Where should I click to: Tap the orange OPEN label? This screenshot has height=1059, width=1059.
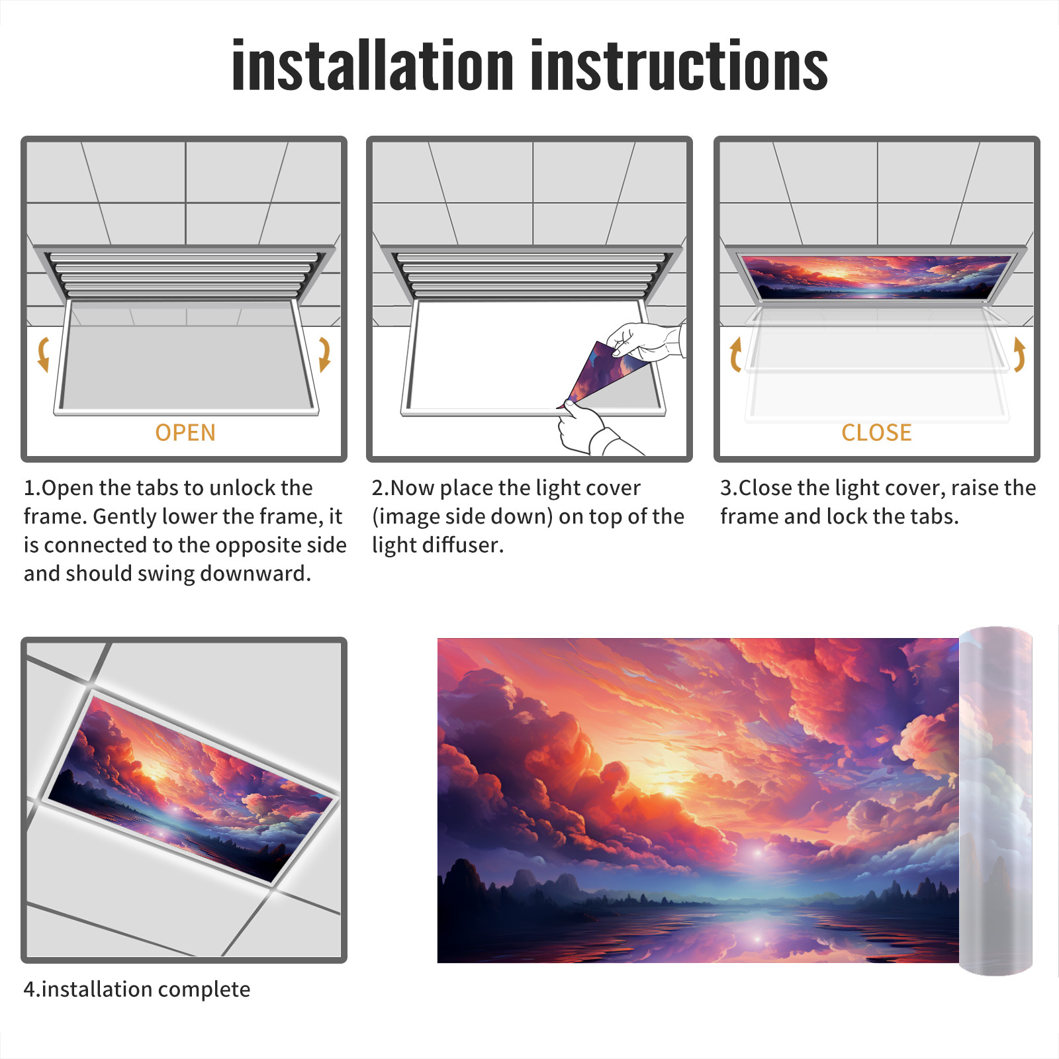click(185, 433)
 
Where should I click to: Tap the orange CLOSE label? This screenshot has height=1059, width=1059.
click(876, 433)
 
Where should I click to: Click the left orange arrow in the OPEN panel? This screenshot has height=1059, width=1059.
click(43, 354)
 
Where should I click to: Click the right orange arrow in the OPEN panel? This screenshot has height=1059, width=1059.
click(324, 354)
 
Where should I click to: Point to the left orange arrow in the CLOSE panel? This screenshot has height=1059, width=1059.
click(735, 354)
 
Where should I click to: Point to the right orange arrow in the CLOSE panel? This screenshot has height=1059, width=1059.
click(1019, 354)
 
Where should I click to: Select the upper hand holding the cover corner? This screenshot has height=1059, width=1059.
click(645, 341)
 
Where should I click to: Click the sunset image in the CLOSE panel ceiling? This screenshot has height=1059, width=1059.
click(876, 276)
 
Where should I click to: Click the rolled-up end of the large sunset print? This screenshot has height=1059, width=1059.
click(995, 801)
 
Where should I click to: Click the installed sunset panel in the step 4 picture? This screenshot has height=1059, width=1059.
click(192, 788)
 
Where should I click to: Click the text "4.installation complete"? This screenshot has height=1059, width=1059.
click(137, 989)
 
